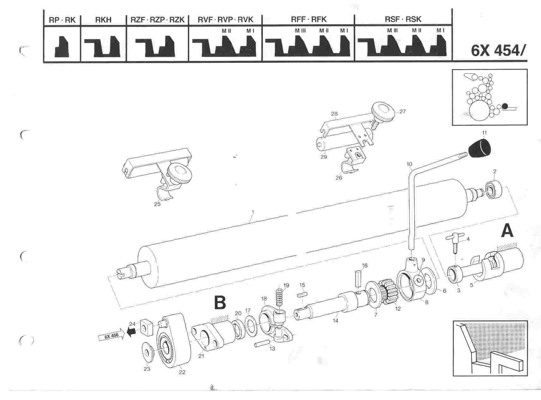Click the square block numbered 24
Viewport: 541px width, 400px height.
[x=145, y=326]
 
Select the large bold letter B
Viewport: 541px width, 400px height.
[x=220, y=302]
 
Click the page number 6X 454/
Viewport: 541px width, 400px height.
[x=498, y=51]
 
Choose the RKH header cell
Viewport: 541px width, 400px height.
[x=103, y=20]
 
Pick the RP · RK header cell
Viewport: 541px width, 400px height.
[x=62, y=20]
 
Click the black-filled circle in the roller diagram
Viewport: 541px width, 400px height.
[x=505, y=106]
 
